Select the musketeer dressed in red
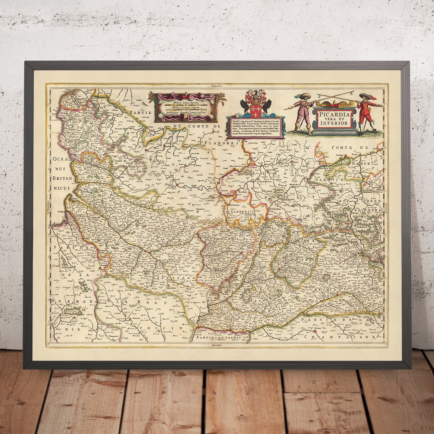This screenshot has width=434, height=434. tap(363, 114)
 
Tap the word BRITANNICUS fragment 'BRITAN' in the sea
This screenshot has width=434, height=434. tap(60, 177)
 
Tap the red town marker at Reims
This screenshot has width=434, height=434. tap(315, 332)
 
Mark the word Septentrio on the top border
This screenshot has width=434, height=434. tap(215, 86)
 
